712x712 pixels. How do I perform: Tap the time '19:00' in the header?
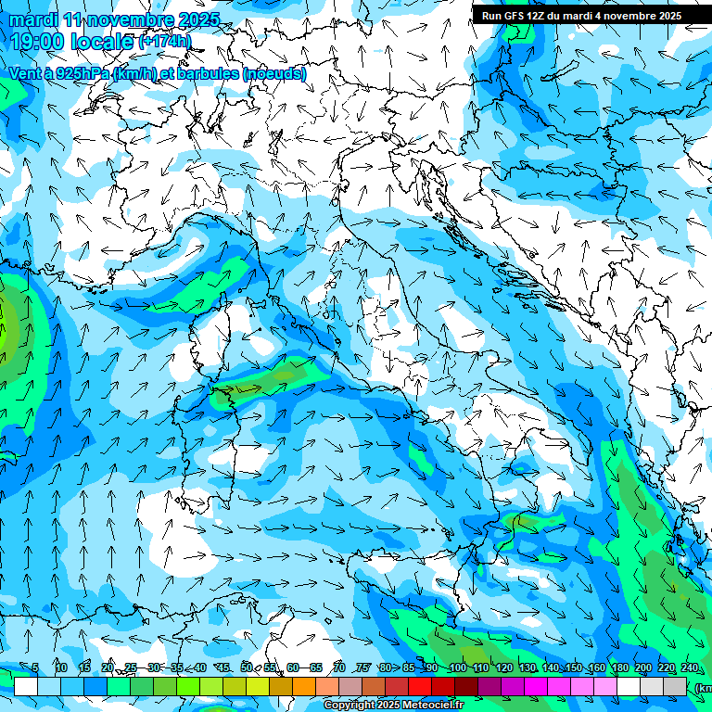pos(40,42)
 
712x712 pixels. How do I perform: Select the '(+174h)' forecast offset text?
pos(165,42)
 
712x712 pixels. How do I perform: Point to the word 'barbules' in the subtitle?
pos(209,73)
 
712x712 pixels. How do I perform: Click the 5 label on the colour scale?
pos(34,667)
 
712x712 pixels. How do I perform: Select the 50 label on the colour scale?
pos(246,667)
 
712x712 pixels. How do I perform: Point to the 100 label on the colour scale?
pos(457,667)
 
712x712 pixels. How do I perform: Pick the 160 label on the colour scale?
pos(596,667)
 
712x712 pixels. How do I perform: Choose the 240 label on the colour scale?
pos(690,667)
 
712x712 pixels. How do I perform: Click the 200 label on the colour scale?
pos(643,667)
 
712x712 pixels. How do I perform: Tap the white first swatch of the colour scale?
pos(25,686)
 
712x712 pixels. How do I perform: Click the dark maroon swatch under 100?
pos(466,686)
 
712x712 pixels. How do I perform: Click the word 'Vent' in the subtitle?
pos(25,73)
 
